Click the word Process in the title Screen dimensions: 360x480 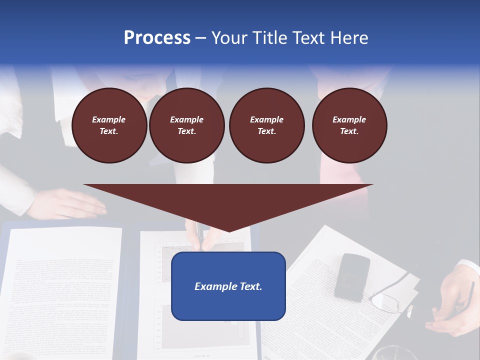click(x=157, y=38)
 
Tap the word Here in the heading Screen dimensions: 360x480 click(x=349, y=38)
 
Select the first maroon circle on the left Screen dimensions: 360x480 click(x=109, y=125)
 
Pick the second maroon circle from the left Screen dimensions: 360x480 click(x=186, y=125)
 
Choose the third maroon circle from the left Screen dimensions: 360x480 click(x=266, y=125)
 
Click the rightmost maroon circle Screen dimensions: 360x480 click(x=349, y=125)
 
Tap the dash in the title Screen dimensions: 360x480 click(x=200, y=38)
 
